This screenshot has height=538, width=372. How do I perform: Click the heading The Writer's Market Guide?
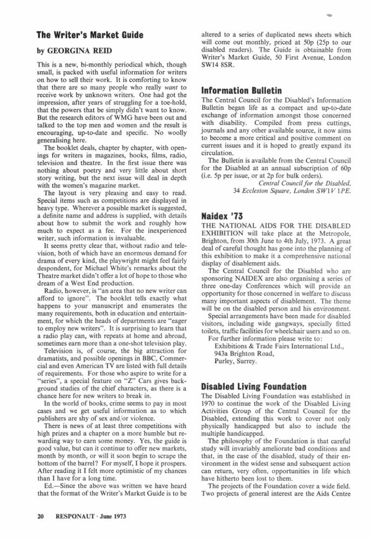(89, 36)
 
